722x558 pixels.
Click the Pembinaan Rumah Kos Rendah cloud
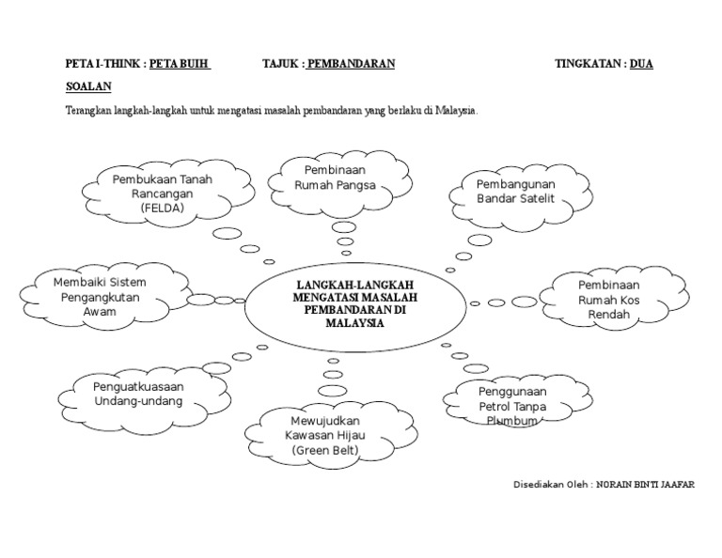[x=608, y=299]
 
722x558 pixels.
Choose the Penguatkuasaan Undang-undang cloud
[x=137, y=393]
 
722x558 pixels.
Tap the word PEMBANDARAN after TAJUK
[x=351, y=64]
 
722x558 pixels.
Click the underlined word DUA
[x=641, y=64]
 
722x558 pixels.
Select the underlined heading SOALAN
[x=88, y=86]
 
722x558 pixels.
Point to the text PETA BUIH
[x=180, y=64]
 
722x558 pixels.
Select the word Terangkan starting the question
[x=88, y=110]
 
